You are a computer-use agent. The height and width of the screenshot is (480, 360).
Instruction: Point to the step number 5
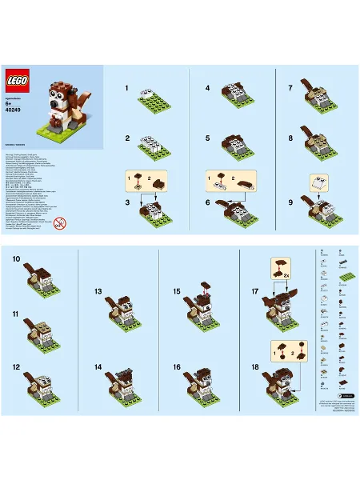[207, 138]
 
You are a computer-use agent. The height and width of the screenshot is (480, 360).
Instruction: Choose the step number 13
[98, 292]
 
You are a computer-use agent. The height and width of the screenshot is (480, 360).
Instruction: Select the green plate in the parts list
[346, 275]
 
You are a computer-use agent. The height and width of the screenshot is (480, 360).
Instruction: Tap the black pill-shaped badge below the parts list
[346, 394]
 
